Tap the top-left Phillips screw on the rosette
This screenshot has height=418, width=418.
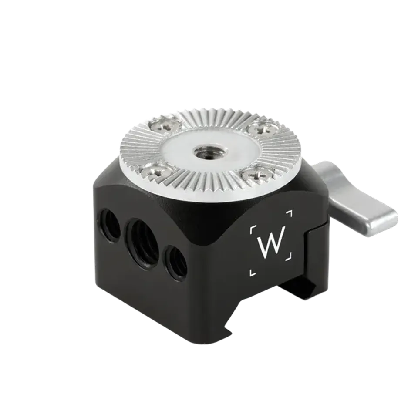(163, 125)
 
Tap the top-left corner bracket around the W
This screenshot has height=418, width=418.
(252, 229)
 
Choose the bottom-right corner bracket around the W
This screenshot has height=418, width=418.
(290, 256)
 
